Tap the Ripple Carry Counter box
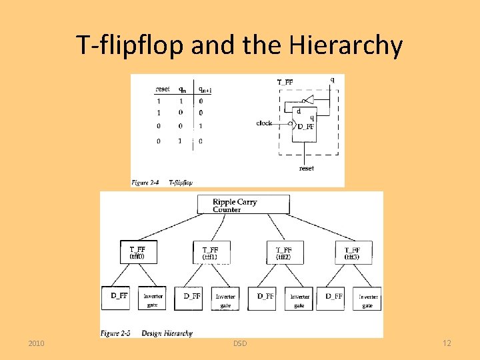click(243, 205)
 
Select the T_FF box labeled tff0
click(139, 252)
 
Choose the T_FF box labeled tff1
click(211, 252)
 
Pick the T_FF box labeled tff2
click(284, 252)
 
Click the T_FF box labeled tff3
click(353, 252)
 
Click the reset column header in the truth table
click(162, 89)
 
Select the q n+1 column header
click(205, 89)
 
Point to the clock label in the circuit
click(264, 123)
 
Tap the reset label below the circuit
click(306, 168)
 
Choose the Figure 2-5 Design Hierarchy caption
click(147, 333)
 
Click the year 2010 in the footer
click(37, 343)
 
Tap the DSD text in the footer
click(240, 343)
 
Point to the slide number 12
click(447, 343)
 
